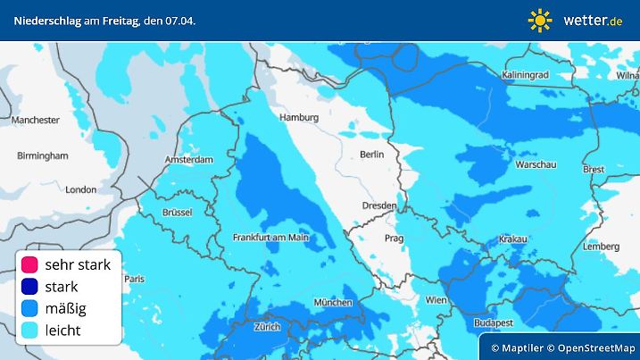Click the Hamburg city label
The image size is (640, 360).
pyautogui.click(x=299, y=117)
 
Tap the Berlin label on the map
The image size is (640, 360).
pyautogui.click(x=371, y=155)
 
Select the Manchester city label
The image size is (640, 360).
pyautogui.click(x=36, y=120)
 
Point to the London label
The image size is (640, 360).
pyautogui.click(x=80, y=189)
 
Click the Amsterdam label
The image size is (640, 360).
pyautogui.click(x=189, y=161)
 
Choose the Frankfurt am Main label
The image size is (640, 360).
pyautogui.click(x=270, y=238)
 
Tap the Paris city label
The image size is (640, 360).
pyautogui.click(x=134, y=280)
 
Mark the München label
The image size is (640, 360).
pyautogui.click(x=333, y=303)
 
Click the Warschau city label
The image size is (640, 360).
pyautogui.click(x=537, y=165)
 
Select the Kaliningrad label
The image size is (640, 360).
pyautogui.click(x=526, y=75)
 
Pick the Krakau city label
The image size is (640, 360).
pyautogui.click(x=512, y=239)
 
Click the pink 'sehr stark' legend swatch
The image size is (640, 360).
pyautogui.click(x=29, y=265)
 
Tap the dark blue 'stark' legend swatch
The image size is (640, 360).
pyautogui.click(x=29, y=287)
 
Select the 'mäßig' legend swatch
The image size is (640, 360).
pyautogui.click(x=29, y=309)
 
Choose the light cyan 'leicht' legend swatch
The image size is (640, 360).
pyautogui.click(x=29, y=331)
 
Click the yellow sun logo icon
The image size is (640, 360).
pyautogui.click(x=540, y=20)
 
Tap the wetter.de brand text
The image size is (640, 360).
pyautogui.click(x=593, y=20)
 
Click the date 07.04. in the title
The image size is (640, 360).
pyautogui.click(x=180, y=20)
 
